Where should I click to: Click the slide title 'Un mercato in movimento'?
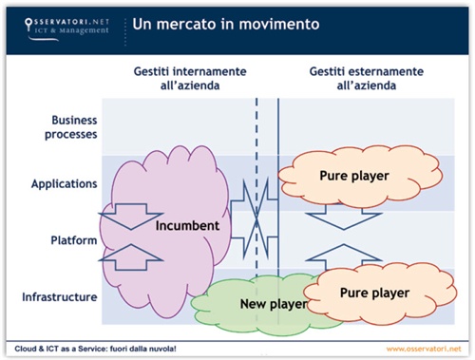tap(225, 23)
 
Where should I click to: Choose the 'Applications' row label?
tap(64, 182)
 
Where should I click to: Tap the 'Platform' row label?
tap(72, 240)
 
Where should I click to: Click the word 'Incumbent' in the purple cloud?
tap(188, 226)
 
